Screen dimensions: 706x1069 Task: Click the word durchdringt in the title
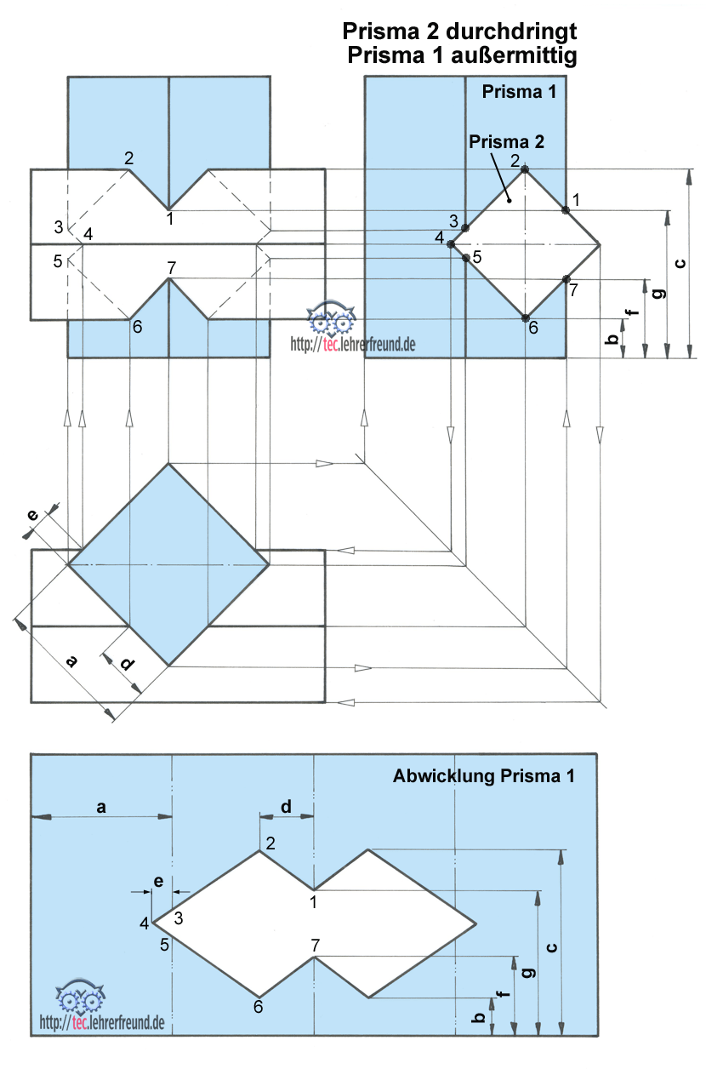pos(511,31)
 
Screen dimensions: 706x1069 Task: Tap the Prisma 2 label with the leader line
pos(506,142)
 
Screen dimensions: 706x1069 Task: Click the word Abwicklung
pos(444,777)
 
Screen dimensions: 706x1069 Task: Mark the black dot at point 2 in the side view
pos(525,169)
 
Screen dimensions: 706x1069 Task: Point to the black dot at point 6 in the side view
pos(525,317)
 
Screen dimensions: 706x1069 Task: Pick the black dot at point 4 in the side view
pos(450,244)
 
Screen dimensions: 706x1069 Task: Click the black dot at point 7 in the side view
pos(567,279)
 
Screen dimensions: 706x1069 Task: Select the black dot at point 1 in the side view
pos(566,210)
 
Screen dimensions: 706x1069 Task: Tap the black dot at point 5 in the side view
pos(466,258)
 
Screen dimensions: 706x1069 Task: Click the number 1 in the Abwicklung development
pos(313,902)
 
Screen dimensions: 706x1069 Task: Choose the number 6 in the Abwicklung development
pos(258,1007)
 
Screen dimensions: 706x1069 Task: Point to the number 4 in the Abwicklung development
pos(145,924)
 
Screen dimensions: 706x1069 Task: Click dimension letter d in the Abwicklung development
pos(286,807)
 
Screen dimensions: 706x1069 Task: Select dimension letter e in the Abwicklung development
pos(159,881)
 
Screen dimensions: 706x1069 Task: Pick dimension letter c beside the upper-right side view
pos(680,263)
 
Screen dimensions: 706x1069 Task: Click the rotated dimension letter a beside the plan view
pos(71,661)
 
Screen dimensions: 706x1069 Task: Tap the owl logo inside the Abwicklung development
pos(81,995)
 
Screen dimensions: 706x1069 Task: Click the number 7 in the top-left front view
pos(172,268)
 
